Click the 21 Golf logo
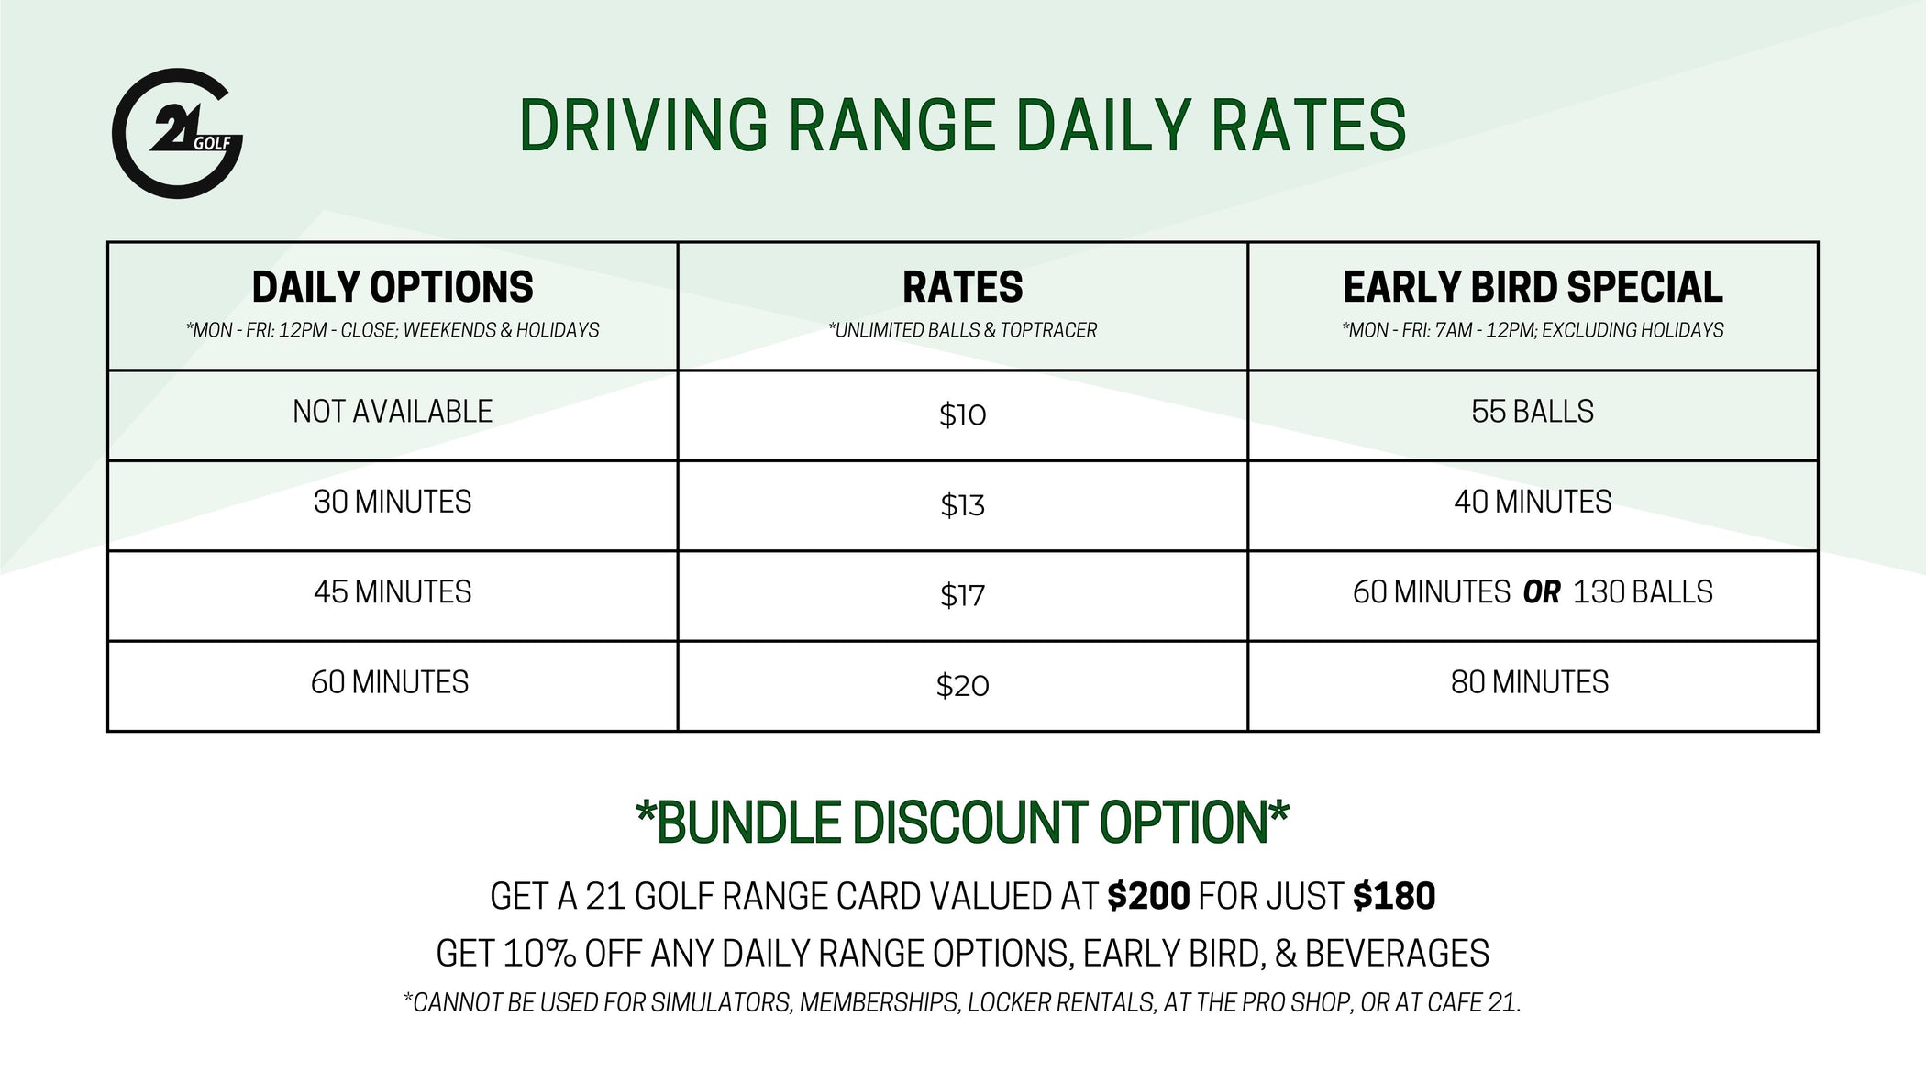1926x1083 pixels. [177, 134]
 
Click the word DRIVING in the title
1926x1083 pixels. [642, 126]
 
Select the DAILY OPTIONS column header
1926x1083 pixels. [393, 287]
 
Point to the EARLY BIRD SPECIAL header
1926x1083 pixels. [1533, 287]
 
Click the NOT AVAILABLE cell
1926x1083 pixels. [393, 412]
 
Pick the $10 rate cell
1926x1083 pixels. [962, 415]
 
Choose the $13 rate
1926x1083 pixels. [962, 505]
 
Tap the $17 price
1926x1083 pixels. [962, 596]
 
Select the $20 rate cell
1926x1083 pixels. [962, 686]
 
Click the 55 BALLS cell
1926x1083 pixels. [1533, 412]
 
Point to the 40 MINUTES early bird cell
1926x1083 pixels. [1533, 502]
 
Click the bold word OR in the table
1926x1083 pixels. [1542, 592]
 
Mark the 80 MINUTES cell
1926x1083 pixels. [1530, 682]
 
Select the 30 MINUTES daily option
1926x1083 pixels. [393, 502]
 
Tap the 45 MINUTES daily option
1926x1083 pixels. [393, 592]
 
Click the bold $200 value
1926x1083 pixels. [1148, 896]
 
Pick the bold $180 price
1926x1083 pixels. [1394, 896]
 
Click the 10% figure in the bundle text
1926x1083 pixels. [539, 954]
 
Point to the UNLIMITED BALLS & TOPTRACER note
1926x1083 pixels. [962, 330]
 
